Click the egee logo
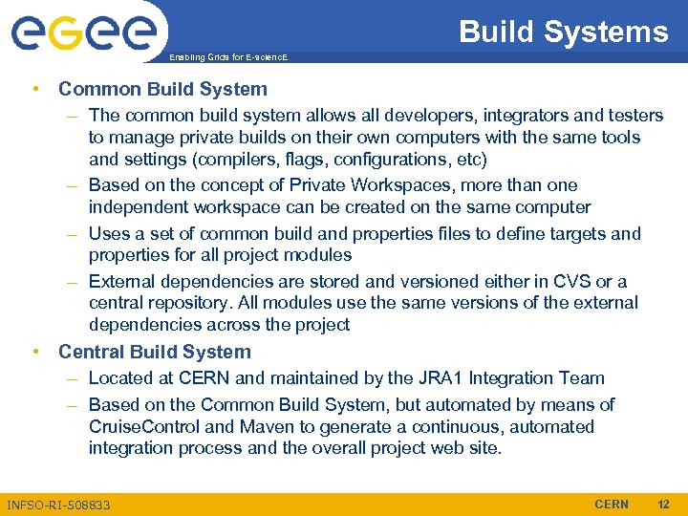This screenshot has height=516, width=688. (84, 32)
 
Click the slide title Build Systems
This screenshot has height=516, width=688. (563, 32)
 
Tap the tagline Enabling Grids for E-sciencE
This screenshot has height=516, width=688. (227, 57)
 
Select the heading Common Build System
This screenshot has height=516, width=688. (162, 89)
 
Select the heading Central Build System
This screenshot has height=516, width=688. (154, 352)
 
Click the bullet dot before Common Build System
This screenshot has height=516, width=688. (34, 89)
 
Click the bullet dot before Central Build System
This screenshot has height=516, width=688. (34, 352)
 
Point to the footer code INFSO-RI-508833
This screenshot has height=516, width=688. (58, 505)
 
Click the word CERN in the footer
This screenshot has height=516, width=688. (612, 505)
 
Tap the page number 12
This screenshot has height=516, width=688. (664, 505)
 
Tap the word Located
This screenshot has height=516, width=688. (119, 378)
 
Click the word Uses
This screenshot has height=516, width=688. (108, 233)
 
